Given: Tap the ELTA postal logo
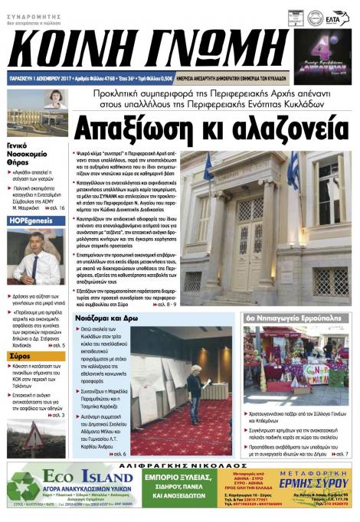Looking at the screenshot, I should click(x=335, y=17).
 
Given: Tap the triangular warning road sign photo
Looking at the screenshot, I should click(x=34, y=436).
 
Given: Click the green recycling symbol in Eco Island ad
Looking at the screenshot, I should click(x=23, y=488).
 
